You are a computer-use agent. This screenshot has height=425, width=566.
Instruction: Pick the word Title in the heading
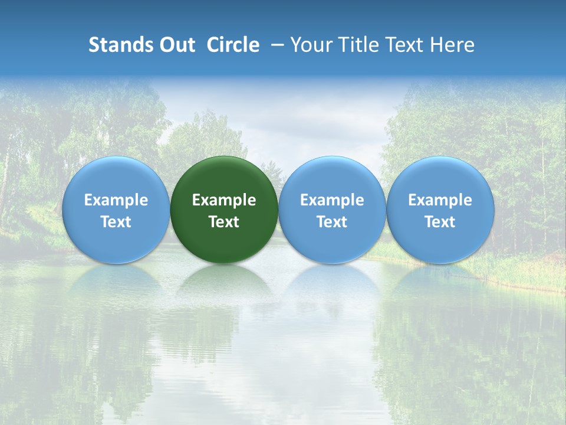tap(358, 45)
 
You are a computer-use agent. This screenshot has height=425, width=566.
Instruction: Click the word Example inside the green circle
tap(224, 200)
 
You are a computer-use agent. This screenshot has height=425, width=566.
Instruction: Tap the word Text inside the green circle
tap(224, 222)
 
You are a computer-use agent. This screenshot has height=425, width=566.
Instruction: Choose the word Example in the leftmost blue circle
tap(116, 200)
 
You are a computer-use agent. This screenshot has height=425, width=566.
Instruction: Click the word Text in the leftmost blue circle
tap(116, 222)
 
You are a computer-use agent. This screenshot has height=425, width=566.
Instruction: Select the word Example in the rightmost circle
tap(440, 200)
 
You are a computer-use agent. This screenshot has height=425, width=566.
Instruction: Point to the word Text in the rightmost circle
tap(440, 222)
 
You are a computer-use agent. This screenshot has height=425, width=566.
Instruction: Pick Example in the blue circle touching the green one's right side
tap(332, 200)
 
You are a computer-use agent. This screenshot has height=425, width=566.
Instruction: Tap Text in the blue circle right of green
tap(332, 222)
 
